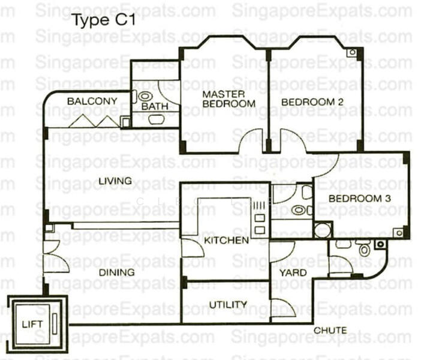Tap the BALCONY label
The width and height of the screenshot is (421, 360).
coord(92,101)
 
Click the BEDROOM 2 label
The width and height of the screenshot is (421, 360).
coord(312,102)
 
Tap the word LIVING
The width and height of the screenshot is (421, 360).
coord(115,181)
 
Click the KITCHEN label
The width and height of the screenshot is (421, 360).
coord(226,241)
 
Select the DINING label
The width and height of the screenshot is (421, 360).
coord(118,272)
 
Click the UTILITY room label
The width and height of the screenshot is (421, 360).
coord(227,305)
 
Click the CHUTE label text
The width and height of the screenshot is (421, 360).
coord(330,331)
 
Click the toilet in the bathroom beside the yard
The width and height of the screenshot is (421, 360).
coord(364,248)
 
